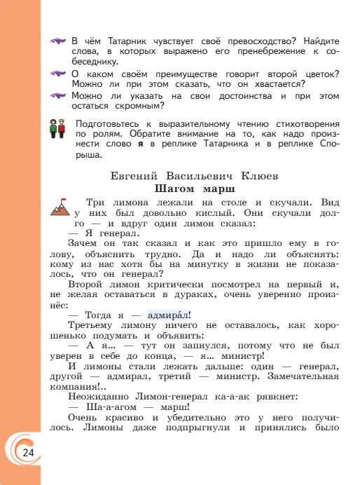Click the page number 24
point(27,452)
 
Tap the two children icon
point(57,128)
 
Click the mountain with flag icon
point(60,206)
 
